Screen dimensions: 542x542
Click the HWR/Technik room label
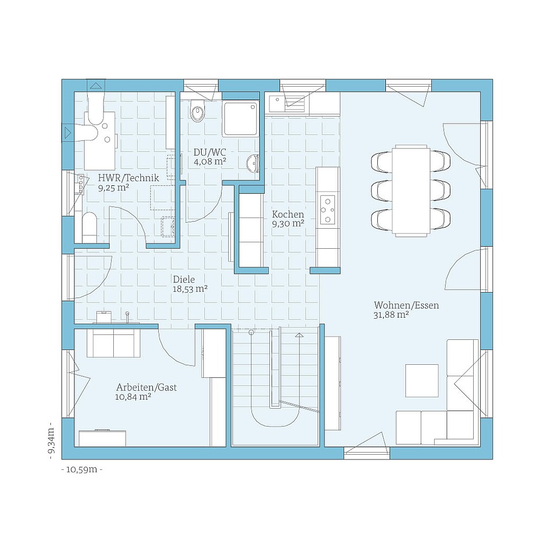(128, 177)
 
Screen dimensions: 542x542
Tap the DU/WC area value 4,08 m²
(210, 161)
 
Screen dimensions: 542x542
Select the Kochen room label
(288, 214)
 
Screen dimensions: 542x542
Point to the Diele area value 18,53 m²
(190, 289)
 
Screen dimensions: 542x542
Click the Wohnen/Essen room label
(406, 305)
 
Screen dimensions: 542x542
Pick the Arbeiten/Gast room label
(146, 388)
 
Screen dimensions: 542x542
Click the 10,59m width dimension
(82, 469)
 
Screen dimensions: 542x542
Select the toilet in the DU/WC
(198, 111)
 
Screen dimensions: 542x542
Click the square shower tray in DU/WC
(240, 119)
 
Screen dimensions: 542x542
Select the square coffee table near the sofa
(422, 380)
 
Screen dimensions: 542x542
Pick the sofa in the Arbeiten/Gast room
(113, 344)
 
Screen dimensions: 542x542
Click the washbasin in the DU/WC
(253, 163)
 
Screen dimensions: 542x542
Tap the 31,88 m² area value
(391, 315)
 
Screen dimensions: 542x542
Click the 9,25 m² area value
(113, 188)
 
